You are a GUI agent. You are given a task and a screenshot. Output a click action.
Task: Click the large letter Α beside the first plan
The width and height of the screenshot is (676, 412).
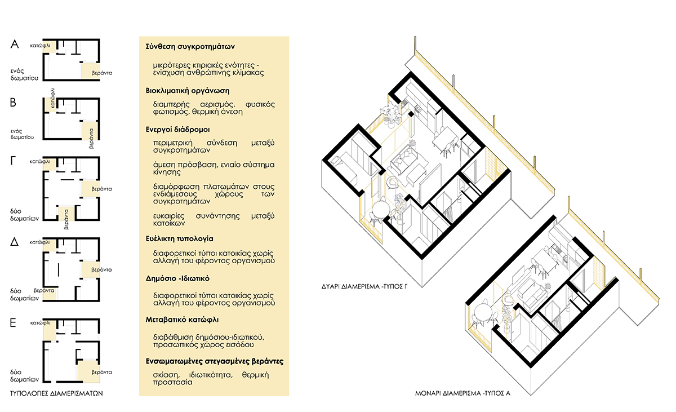click(x=15, y=44)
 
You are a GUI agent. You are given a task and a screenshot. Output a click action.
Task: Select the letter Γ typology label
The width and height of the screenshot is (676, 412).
click(x=13, y=161)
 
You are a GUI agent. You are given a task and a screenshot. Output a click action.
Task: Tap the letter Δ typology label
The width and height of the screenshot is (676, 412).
click(x=14, y=242)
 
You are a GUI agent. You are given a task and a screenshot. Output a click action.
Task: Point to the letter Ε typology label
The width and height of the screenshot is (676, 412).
click(x=13, y=322)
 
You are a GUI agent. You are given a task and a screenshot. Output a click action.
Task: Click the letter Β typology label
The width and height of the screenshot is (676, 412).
click(x=13, y=103)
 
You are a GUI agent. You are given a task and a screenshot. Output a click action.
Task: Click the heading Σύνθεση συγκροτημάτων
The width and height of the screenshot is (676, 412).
click(x=190, y=46)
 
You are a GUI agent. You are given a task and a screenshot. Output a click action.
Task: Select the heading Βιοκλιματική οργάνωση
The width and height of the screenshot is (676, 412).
click(x=188, y=91)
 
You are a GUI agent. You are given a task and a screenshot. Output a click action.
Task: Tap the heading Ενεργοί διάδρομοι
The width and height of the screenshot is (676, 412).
click(x=177, y=130)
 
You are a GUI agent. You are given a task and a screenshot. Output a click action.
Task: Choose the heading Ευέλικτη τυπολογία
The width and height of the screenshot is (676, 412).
click(x=179, y=239)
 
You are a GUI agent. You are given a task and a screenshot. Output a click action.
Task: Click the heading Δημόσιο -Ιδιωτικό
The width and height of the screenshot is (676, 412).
click(x=177, y=278)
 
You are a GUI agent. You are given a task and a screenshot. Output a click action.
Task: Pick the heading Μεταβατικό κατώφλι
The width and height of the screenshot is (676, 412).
click(x=182, y=320)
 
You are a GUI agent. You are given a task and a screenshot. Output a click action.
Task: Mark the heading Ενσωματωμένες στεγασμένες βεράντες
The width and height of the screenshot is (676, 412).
click(x=214, y=361)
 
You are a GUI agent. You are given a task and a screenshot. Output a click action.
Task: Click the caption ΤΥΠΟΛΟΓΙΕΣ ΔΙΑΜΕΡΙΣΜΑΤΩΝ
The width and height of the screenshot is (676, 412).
click(x=56, y=393)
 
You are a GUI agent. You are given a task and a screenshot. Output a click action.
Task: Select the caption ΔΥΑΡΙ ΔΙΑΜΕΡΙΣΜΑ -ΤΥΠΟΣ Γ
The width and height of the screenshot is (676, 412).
click(x=364, y=286)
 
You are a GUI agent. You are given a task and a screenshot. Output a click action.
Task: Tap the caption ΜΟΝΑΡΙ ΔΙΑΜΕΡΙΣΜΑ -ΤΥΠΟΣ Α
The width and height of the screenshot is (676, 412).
click(x=462, y=393)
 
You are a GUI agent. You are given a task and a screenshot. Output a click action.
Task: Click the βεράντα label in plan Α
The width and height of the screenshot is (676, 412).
click(x=102, y=73)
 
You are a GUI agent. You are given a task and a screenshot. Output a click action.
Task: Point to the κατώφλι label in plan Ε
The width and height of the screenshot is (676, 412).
click(x=41, y=323)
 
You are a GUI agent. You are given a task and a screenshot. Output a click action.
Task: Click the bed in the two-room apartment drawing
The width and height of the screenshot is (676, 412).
click(x=345, y=170)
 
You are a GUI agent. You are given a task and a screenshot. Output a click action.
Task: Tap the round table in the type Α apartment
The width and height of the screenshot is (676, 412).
click(x=483, y=312)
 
